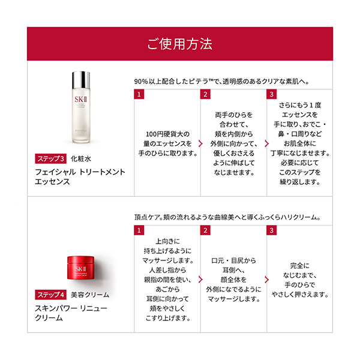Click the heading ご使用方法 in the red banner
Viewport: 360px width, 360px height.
(179, 45)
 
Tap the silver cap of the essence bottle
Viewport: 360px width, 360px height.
(80, 79)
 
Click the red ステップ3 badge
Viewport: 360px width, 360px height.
(51, 159)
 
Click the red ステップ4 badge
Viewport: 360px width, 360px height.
(51, 295)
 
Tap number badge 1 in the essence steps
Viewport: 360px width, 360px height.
(139, 94)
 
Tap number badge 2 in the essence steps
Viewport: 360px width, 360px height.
(206, 94)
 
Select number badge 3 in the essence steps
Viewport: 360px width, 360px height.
(272, 94)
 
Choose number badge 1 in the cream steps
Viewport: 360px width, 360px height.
(139, 230)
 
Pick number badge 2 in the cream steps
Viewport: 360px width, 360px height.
(206, 230)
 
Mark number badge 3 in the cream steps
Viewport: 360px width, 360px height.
(272, 230)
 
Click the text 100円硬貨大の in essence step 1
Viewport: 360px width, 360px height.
(167, 134)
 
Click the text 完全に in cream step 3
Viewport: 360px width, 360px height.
(299, 264)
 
